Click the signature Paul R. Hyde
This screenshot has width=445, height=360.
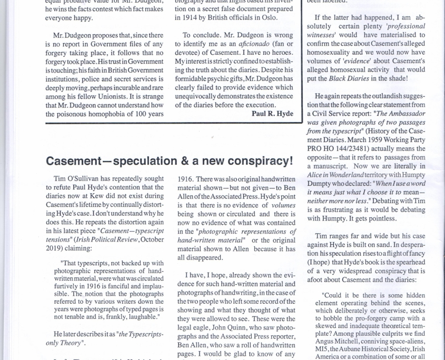(x=272, y=113)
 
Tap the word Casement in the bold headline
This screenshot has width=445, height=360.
(x=77, y=161)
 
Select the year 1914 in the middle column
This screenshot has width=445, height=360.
(x=183, y=17)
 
